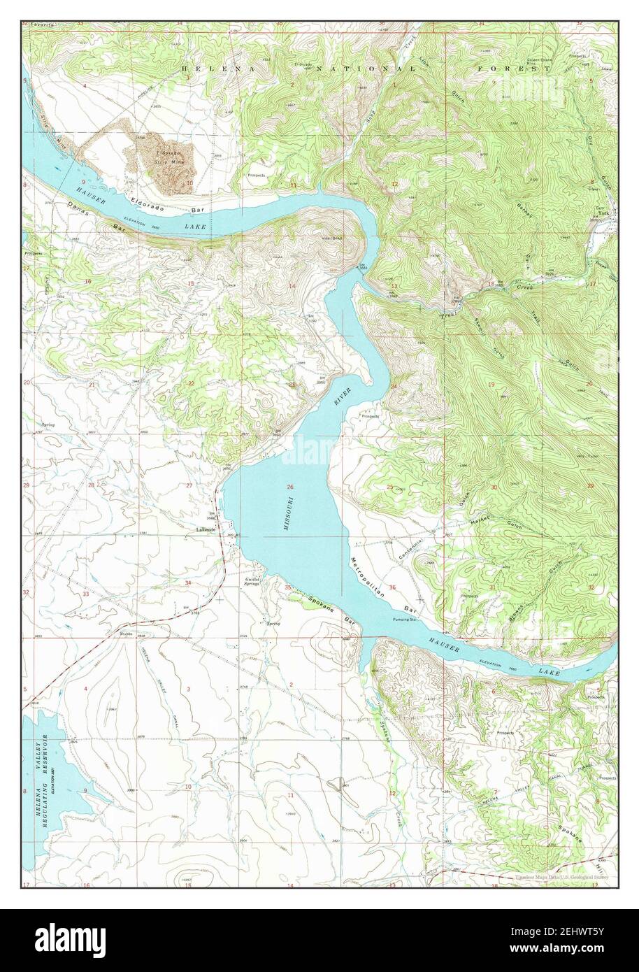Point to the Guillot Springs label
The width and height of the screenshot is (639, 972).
coord(251,581)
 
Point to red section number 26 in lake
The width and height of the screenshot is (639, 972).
coord(289,487)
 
